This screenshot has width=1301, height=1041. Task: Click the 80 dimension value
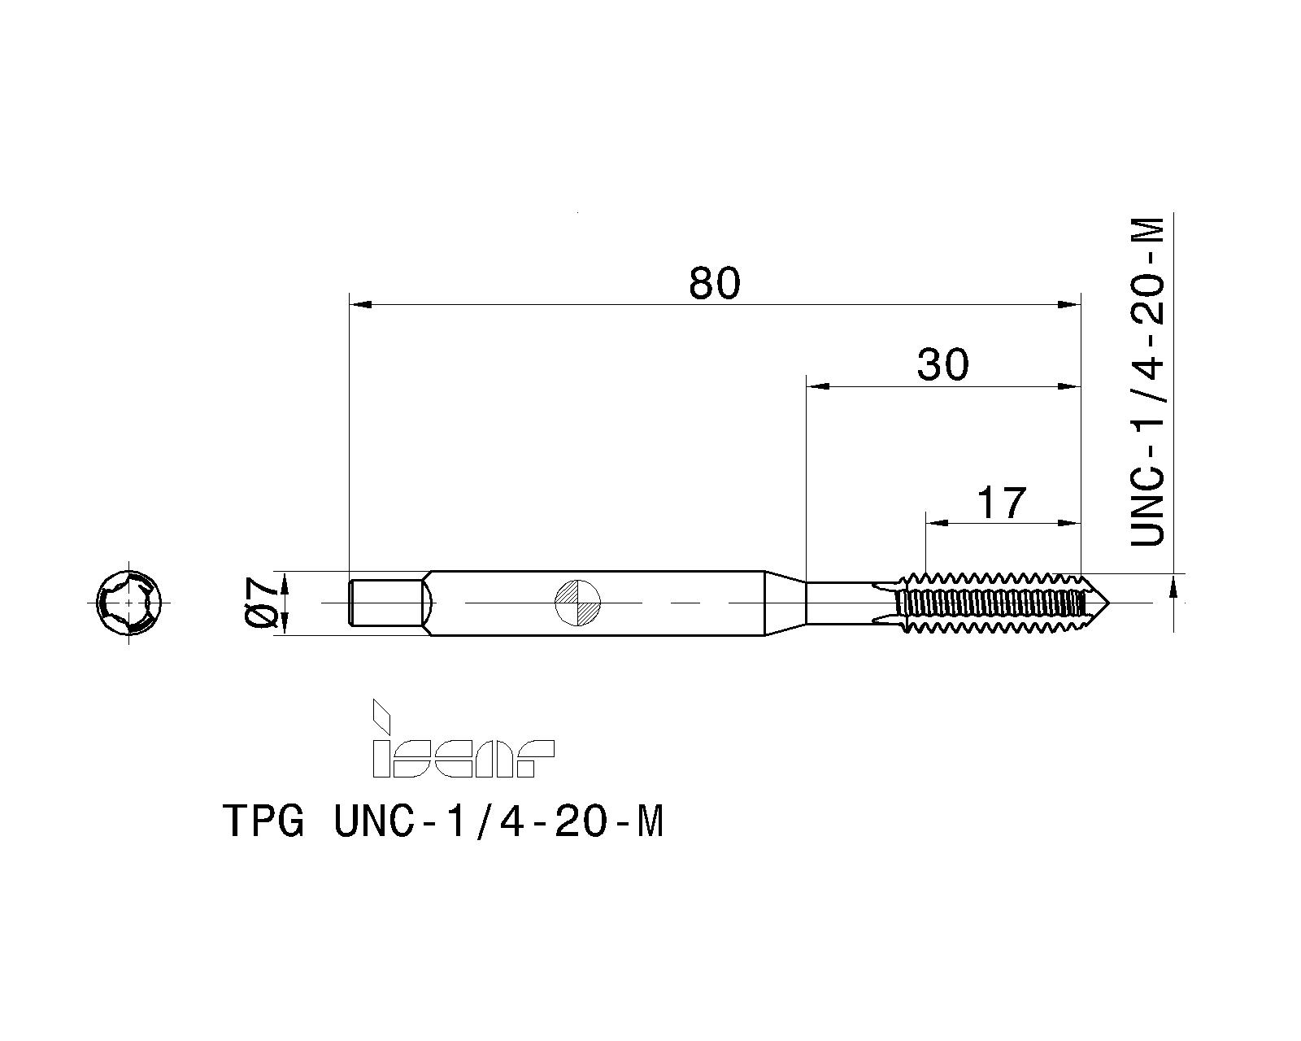[x=715, y=283]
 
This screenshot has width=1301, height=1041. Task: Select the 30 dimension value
[x=943, y=365]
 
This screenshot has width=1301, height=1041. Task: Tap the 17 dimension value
[x=1001, y=503]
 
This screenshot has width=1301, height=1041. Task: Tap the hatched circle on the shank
[x=577, y=603]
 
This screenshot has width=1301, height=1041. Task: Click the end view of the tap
[x=128, y=603]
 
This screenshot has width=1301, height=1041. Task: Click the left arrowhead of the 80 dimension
[x=359, y=304]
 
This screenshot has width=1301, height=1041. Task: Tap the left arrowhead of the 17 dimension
[x=937, y=523]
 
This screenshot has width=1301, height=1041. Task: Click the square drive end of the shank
[x=387, y=603]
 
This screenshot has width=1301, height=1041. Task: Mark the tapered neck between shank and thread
[x=785, y=603]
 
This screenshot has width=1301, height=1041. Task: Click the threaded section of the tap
[x=992, y=603]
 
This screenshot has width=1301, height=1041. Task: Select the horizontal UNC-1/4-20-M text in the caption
[x=498, y=822]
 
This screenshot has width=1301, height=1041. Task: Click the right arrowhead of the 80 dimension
[x=1070, y=304]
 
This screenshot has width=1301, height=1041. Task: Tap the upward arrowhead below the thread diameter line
[x=1173, y=586]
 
